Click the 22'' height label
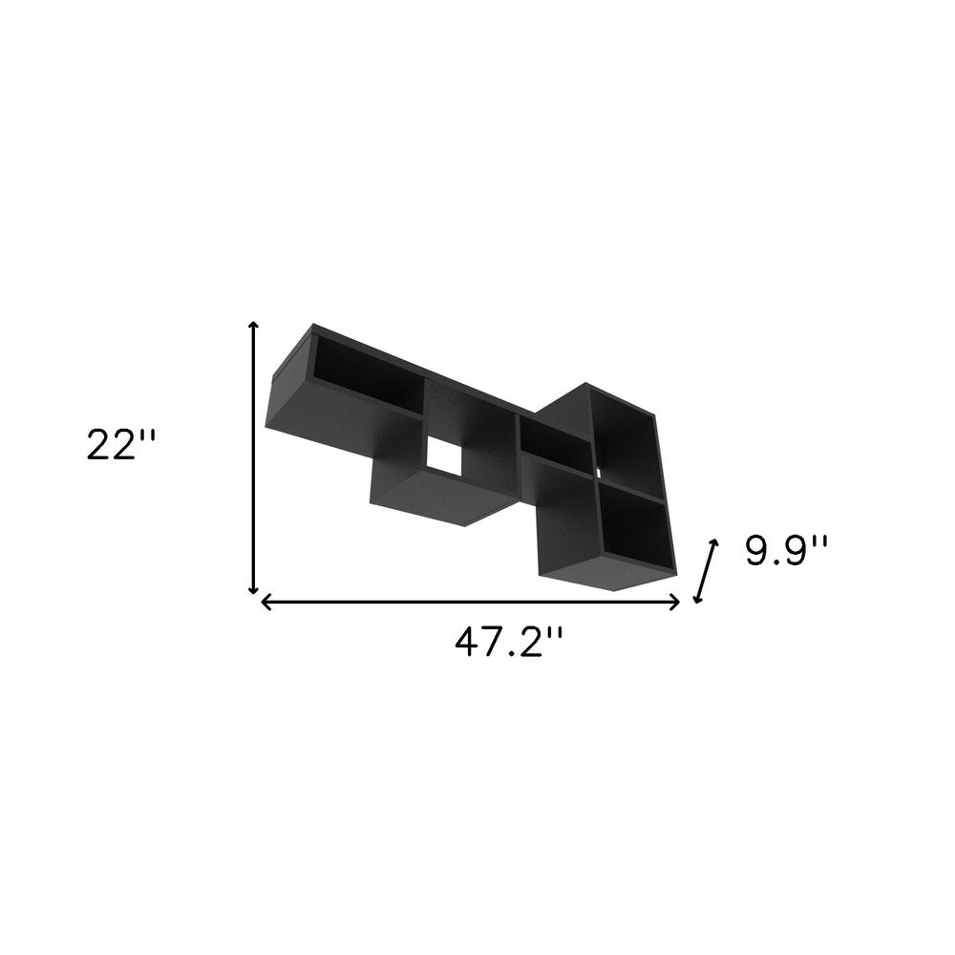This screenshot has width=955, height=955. point(119,446)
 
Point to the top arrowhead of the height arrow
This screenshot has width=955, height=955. point(253,327)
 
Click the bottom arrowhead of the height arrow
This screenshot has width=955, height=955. point(253,590)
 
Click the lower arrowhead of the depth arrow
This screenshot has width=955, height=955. point(697,599)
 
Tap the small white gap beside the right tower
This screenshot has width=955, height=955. point(599,472)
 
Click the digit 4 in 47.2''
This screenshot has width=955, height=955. point(467,642)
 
